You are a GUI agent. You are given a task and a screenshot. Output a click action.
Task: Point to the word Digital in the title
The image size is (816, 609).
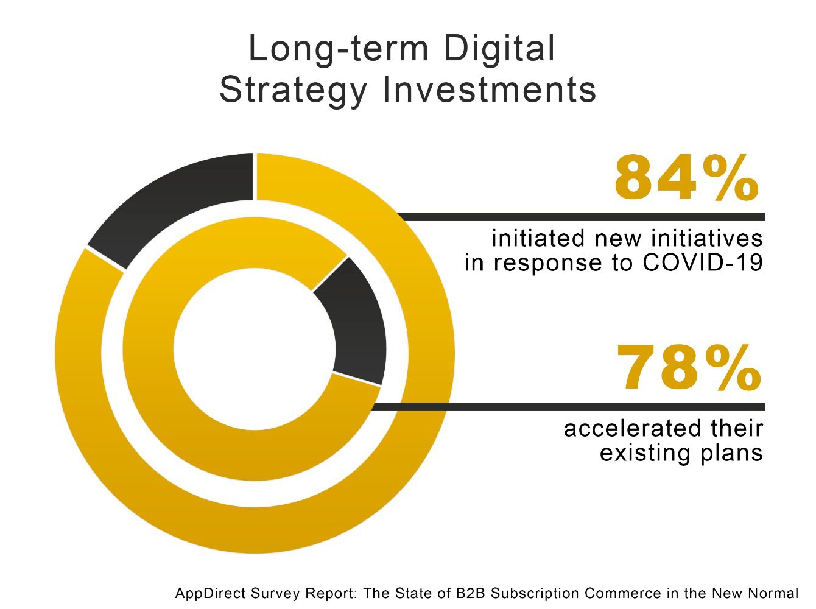click(499, 49)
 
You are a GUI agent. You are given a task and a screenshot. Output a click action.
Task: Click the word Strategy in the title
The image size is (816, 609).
click(293, 90)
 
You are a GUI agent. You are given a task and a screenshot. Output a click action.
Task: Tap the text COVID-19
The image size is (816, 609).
click(702, 263)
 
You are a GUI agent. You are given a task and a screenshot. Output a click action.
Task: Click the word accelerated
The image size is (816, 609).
click(628, 429)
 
